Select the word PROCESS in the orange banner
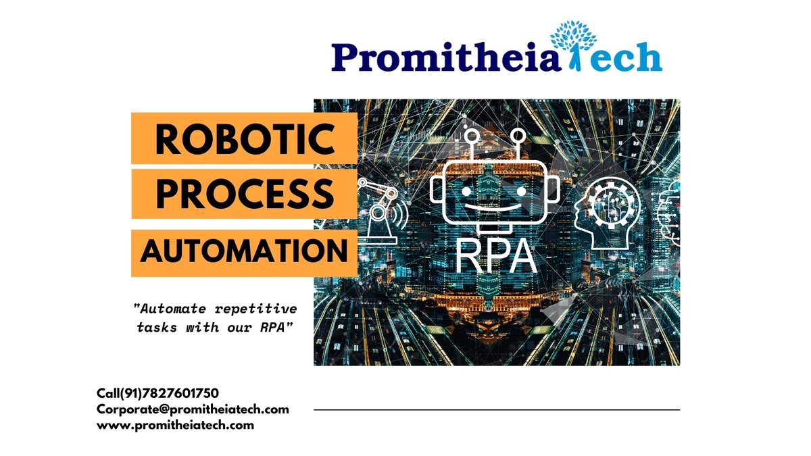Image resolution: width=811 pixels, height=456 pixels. pos(244,193)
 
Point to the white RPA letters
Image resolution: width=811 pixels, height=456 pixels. pos(496,256)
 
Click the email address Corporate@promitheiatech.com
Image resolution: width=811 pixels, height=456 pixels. pos(193,409)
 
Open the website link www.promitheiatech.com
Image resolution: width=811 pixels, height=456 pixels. pos(175,425)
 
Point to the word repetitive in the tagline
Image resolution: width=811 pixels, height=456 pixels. pos(261,309)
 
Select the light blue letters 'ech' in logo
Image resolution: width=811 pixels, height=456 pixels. pos(625,58)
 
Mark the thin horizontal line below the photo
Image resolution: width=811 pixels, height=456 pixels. pos(497,409)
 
